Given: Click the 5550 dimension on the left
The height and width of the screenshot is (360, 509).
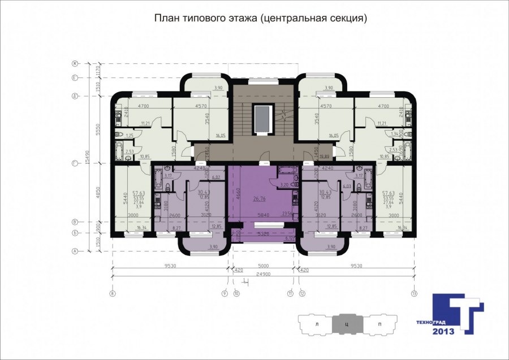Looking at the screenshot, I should [97, 129].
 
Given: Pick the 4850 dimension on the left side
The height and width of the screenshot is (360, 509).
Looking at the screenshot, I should [97, 192].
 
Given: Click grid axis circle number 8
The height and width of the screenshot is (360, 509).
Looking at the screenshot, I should [113, 293].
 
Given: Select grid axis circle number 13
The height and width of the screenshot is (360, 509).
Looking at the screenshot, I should [415, 293].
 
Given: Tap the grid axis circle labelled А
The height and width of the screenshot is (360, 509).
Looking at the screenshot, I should [74, 251].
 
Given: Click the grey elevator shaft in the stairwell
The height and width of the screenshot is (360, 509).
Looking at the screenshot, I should [262, 118].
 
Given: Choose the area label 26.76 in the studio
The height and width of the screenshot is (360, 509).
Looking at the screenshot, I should [260, 199].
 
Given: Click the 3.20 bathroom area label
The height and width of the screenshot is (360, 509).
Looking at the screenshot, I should [284, 184].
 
